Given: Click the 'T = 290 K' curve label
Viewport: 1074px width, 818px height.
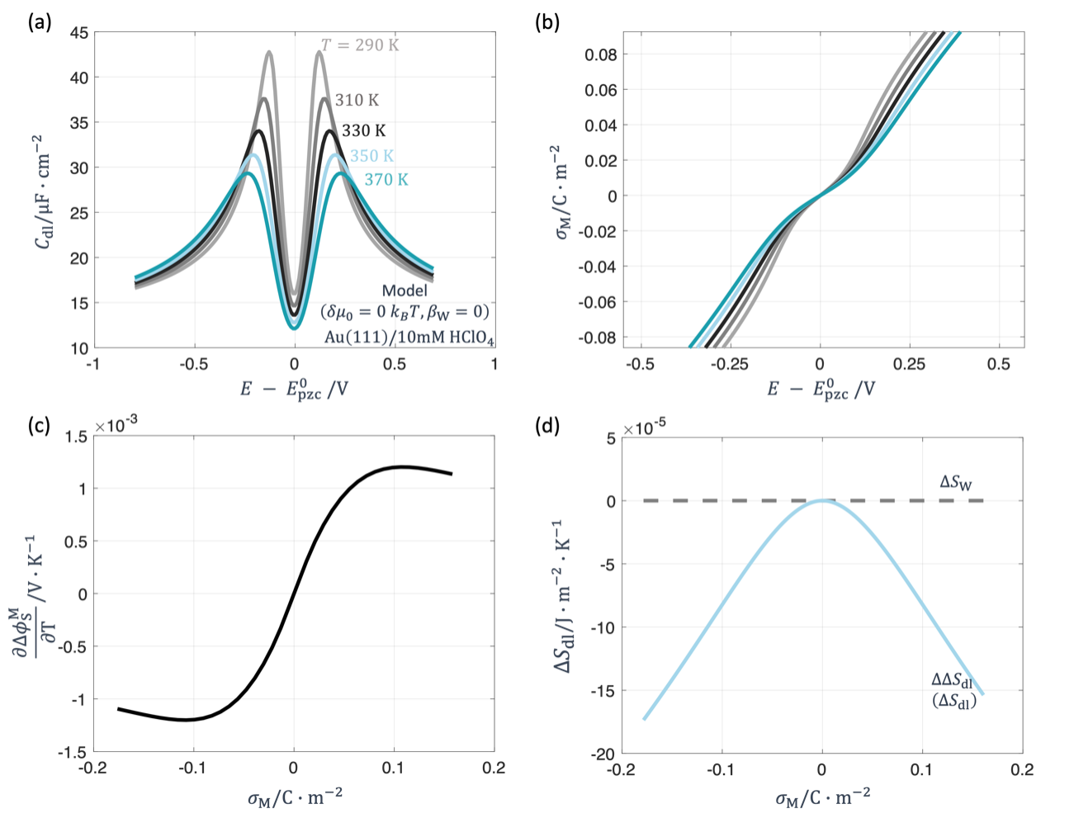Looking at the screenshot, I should click(359, 45).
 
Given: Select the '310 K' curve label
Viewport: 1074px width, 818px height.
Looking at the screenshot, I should click(357, 100).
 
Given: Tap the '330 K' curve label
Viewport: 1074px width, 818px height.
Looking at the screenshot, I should click(363, 130).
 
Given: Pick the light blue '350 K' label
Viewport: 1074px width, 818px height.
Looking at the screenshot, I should click(371, 156).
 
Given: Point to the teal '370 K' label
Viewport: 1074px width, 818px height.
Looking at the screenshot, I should click(386, 179).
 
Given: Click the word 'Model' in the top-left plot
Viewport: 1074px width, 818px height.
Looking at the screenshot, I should click(405, 291).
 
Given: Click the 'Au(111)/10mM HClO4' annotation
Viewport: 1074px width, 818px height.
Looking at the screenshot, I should click(409, 337).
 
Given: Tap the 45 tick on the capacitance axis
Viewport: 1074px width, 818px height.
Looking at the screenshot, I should click(79, 34).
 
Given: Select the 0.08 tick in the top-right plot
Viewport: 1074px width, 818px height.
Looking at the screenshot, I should click(600, 54).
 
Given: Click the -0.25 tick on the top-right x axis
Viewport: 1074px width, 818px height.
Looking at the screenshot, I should click(729, 364).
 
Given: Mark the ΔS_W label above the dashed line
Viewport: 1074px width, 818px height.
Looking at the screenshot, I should click(956, 482).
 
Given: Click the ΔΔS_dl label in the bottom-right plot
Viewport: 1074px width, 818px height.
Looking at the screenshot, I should click(952, 680).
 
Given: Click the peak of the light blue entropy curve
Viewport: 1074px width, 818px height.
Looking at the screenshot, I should click(823, 500).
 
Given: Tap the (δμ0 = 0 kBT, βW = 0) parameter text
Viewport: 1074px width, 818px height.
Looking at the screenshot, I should click(405, 312).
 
